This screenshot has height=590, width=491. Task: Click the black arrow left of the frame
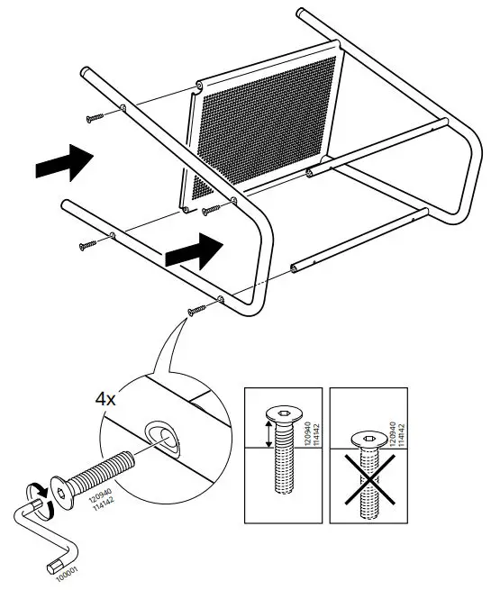(x=64, y=164)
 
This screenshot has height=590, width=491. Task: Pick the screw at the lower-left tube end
(x=88, y=243)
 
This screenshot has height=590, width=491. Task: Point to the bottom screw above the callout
(x=196, y=311)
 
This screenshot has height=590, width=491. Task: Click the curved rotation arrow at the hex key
(x=39, y=494)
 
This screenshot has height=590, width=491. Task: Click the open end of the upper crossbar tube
(x=310, y=169)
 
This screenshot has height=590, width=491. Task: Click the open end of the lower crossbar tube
(x=295, y=269)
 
